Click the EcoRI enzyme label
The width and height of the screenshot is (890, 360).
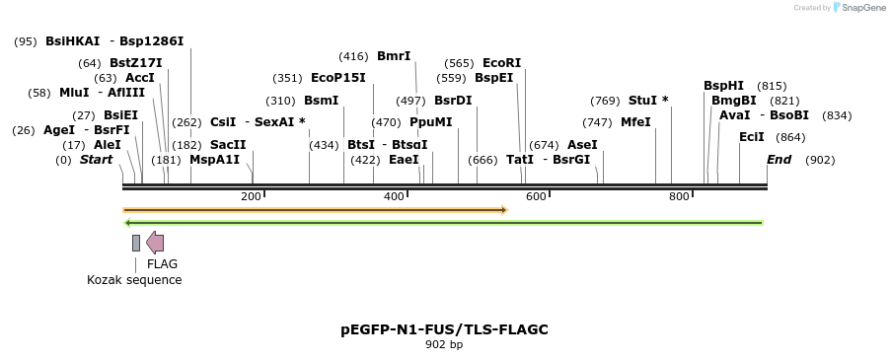point(501,63)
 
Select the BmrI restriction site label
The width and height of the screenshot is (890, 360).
point(394,56)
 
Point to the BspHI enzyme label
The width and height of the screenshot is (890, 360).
point(723,86)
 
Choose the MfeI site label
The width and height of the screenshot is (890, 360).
point(635,122)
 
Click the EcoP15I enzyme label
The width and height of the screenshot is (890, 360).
point(337,78)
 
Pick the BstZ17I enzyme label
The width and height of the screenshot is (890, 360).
point(136,63)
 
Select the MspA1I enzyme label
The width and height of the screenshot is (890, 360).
point(214,159)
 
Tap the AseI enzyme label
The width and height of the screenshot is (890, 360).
point(582,144)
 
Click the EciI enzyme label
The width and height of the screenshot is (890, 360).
point(751,137)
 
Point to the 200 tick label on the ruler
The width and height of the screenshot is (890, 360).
point(251,196)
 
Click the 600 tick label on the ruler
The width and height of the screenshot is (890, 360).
point(536,196)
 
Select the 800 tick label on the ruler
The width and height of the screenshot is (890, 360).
point(679,196)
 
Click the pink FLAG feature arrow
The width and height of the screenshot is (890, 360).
point(155,243)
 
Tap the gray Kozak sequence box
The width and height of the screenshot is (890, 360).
point(136,243)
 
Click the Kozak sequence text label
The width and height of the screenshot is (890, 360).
point(134,279)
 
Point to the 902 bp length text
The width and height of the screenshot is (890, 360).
point(443,345)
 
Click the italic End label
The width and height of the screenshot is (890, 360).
point(779,159)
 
